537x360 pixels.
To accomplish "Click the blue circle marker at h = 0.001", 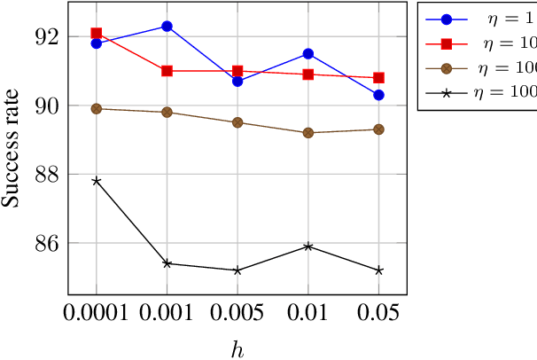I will pyautogui.click(x=167, y=27).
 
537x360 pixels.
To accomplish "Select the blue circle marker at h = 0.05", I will pyautogui.click(x=378, y=95).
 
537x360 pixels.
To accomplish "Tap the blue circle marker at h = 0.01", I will pyautogui.click(x=307, y=54).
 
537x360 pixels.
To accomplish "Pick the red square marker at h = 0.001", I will pyautogui.click(x=167, y=71).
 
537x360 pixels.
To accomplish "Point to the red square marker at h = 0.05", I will pyautogui.click(x=378, y=78).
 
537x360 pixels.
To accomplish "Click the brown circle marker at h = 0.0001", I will pyautogui.click(x=97, y=109).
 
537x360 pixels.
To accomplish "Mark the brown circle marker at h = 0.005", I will pyautogui.click(x=237, y=122).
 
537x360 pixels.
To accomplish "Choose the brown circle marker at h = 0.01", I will pyautogui.click(x=307, y=133).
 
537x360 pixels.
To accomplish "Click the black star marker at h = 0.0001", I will pyautogui.click(x=97, y=181).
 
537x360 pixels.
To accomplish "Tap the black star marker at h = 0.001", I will pyautogui.click(x=167, y=263).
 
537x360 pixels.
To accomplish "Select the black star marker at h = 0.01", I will pyautogui.click(x=307, y=246).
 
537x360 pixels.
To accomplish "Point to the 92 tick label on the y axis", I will pyautogui.click(x=46, y=37).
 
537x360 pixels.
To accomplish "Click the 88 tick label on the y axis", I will pyautogui.click(x=46, y=174).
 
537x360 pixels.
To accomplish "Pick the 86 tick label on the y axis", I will pyautogui.click(x=46, y=242).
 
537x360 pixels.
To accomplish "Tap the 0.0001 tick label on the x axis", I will pyautogui.click(x=97, y=313).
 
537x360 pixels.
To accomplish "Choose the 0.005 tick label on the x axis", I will pyautogui.click(x=237, y=313).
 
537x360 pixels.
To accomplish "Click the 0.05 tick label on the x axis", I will pyautogui.click(x=378, y=313).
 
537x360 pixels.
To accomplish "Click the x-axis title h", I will pyautogui.click(x=237, y=348).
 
